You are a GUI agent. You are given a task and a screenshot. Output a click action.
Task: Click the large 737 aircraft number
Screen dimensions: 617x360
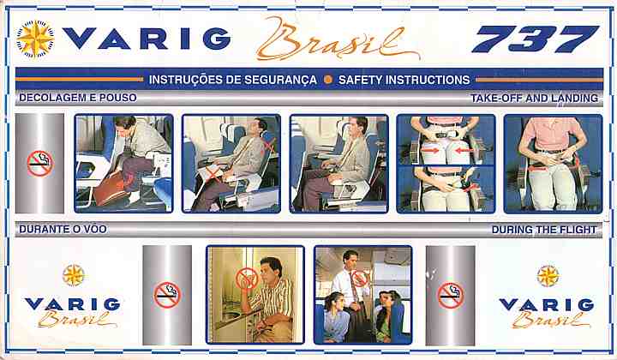535,39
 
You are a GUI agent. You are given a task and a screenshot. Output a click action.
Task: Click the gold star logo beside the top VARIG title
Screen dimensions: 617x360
35,39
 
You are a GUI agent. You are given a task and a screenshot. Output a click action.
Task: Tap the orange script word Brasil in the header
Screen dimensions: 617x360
338,39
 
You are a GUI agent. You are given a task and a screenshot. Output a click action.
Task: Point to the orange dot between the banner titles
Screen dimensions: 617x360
327,80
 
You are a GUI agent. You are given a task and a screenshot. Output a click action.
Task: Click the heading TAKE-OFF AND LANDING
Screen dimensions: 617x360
535,98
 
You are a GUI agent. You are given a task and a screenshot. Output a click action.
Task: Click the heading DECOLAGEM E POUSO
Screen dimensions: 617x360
78,98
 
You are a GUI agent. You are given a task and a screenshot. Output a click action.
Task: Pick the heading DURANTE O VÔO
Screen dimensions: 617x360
63,229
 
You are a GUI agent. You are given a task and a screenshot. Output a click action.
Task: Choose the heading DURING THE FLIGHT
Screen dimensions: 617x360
544,230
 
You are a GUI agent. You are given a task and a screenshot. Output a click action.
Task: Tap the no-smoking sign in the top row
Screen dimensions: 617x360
40,163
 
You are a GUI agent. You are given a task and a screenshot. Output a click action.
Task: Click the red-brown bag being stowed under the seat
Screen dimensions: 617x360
111,189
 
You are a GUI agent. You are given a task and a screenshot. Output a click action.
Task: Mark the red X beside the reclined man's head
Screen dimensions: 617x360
269,147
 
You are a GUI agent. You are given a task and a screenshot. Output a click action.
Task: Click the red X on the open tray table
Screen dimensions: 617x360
213,172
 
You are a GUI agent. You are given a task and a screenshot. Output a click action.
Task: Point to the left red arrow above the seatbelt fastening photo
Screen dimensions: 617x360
430,150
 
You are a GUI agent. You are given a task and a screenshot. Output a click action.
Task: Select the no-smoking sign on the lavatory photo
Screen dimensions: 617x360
247,279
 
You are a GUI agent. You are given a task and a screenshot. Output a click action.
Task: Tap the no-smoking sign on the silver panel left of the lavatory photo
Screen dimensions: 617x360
167,295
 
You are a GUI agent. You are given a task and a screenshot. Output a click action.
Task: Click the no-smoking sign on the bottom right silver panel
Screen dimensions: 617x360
451,295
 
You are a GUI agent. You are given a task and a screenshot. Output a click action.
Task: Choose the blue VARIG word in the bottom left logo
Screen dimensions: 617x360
72,304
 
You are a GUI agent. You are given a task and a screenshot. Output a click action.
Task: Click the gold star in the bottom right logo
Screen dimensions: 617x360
548,276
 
